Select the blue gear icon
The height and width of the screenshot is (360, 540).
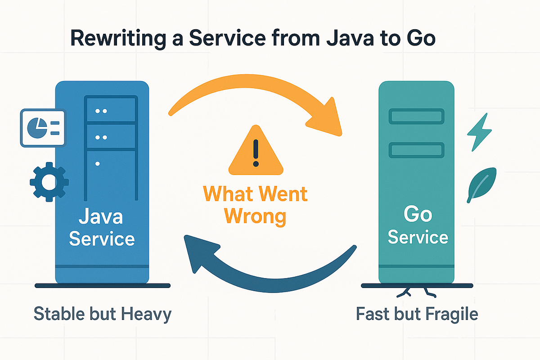point(49,181)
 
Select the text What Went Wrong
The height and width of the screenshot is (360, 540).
point(256,205)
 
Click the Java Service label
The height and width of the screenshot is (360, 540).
point(102,228)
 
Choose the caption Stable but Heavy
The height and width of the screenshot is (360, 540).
point(102,314)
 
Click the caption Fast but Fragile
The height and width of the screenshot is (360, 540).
point(417,314)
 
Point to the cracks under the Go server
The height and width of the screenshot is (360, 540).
point(416,292)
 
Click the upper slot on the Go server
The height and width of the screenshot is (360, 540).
point(416,116)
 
